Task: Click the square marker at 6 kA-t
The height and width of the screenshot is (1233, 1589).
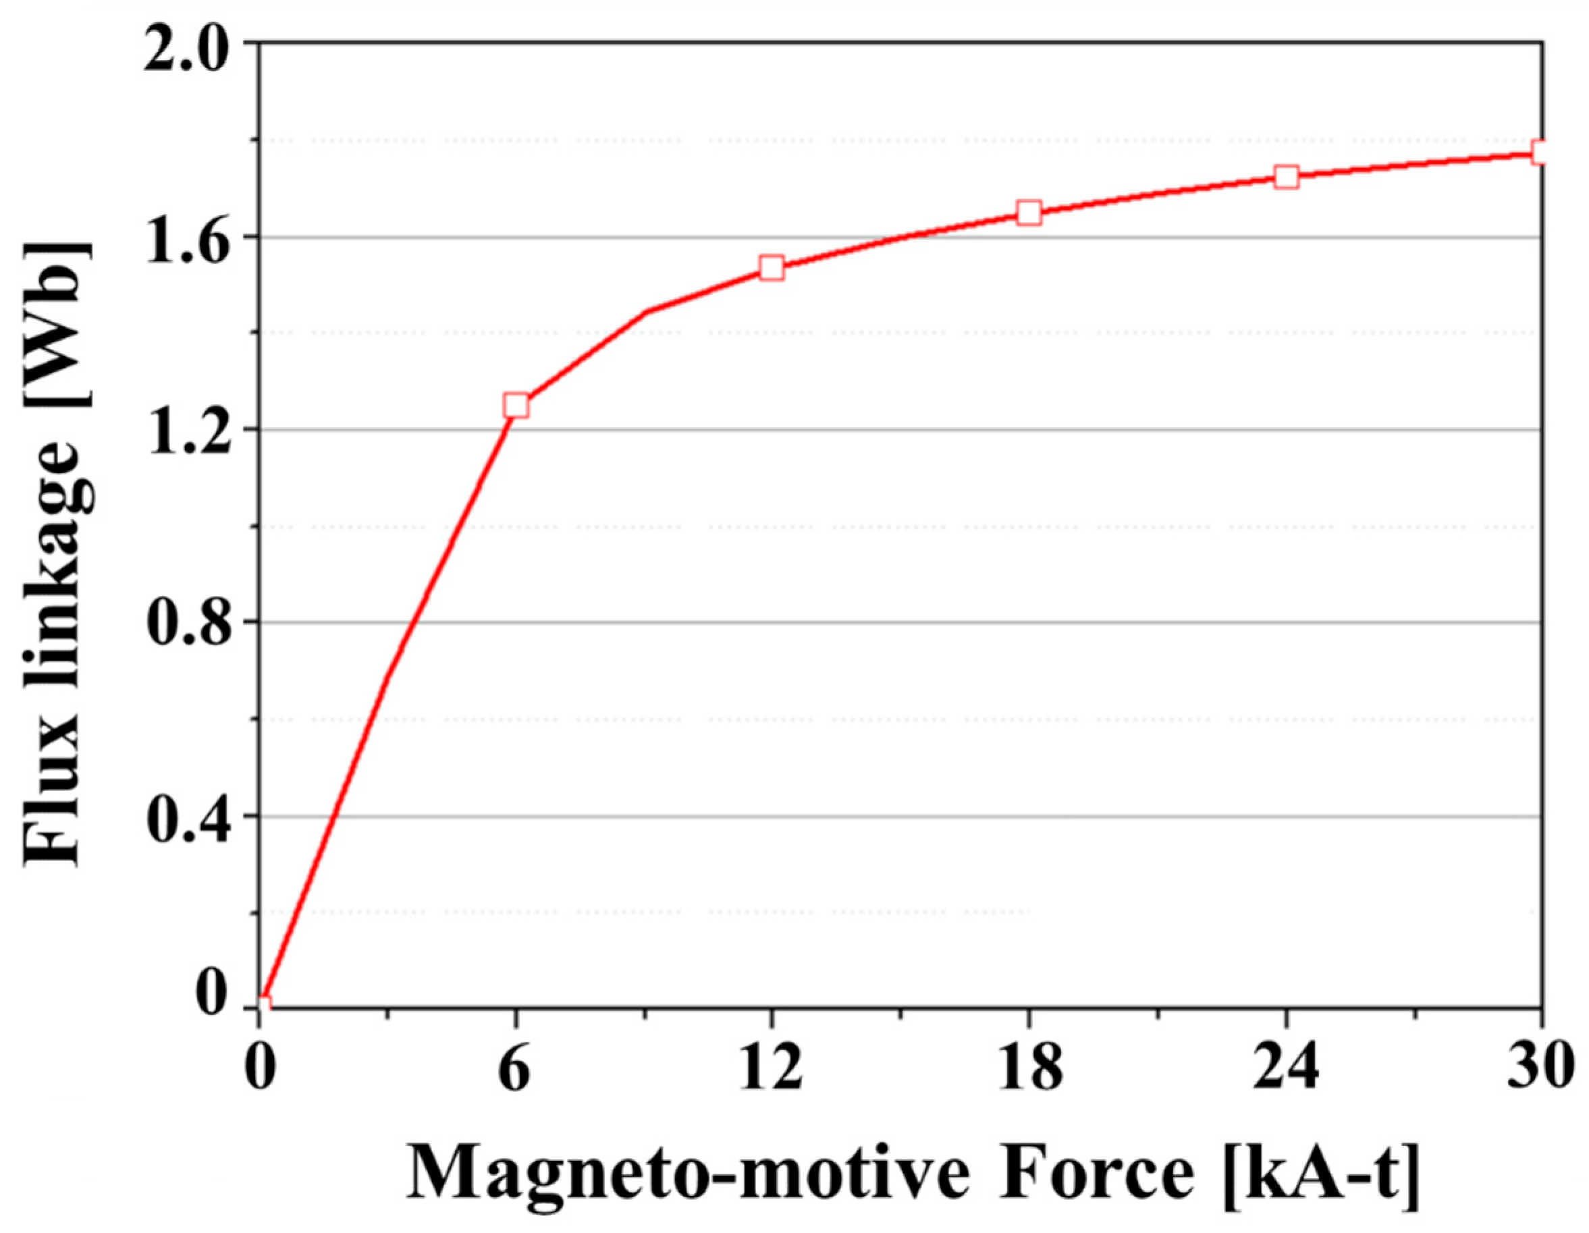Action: [x=516, y=405]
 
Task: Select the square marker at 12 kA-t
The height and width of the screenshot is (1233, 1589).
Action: [x=772, y=268]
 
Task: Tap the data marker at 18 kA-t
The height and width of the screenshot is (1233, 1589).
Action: [x=1029, y=213]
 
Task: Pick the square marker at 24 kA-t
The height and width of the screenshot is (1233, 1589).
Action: [x=1287, y=177]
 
